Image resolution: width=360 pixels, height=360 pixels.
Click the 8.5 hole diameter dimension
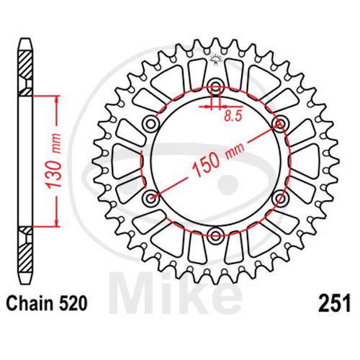point(233,116)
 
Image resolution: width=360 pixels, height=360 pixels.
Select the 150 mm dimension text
point(218,158)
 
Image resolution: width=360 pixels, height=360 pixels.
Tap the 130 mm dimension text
point(54,161)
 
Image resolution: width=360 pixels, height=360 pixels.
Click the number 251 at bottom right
point(334,303)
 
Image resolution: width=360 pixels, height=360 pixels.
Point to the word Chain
point(30,303)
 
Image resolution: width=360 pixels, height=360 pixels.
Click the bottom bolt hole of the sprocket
point(215,235)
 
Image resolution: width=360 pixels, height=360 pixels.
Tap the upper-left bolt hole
point(151,124)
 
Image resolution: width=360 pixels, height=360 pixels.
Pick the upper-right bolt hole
point(280,124)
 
